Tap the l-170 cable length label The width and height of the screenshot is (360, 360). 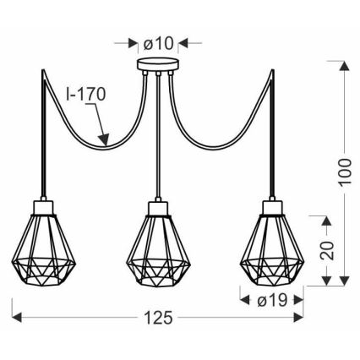coord(87,95)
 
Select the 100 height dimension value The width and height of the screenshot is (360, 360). coord(343,173)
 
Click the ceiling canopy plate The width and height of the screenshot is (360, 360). coord(157,65)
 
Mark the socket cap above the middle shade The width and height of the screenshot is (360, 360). coord(157,206)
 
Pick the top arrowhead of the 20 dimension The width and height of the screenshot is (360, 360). coord(324,219)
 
